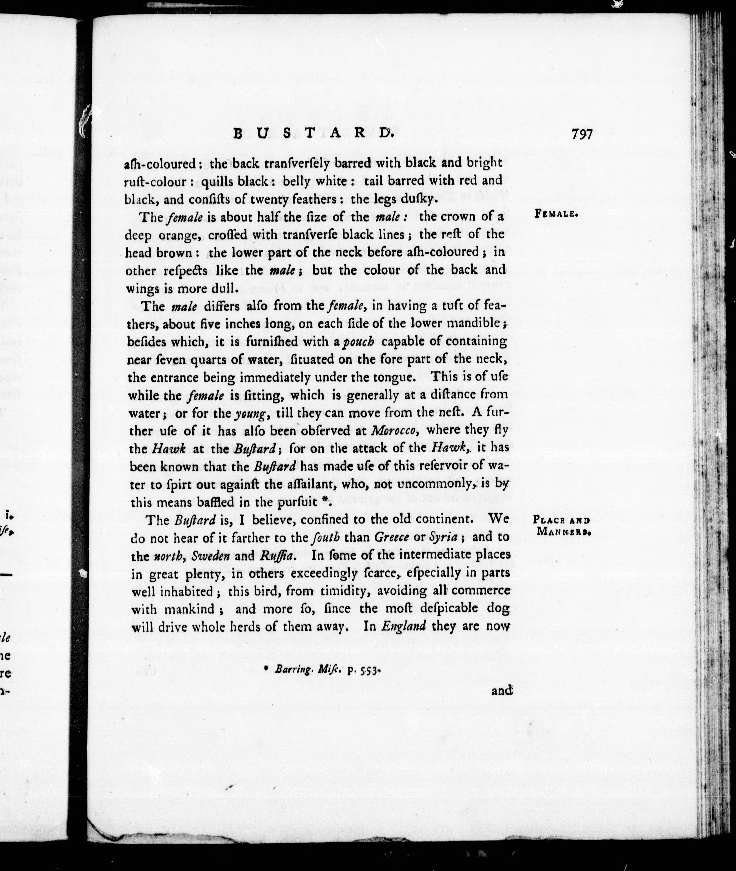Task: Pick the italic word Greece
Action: [x=391, y=537]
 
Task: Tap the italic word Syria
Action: [x=443, y=537]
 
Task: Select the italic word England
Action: [x=404, y=627]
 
